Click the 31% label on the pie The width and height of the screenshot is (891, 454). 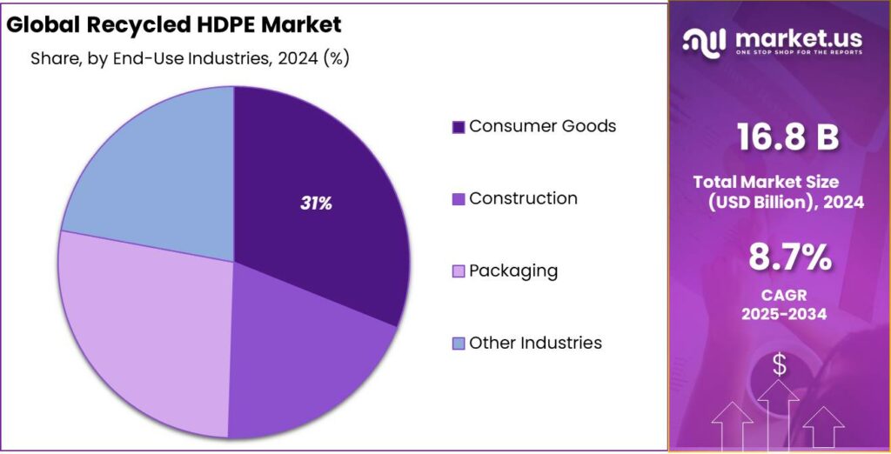[316, 204]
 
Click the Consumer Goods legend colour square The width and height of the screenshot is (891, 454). [459, 127]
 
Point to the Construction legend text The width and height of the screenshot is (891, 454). [523, 198]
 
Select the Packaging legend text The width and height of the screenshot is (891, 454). [513, 270]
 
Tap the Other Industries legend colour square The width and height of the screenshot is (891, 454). [459, 344]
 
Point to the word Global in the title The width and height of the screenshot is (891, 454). [43, 23]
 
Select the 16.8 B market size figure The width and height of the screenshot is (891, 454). [779, 137]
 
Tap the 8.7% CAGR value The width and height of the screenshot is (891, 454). [779, 258]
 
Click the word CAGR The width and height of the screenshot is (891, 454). [779, 295]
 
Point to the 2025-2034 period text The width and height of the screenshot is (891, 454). [779, 314]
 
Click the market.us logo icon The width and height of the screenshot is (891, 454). [704, 40]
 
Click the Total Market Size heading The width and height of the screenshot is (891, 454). [766, 183]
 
